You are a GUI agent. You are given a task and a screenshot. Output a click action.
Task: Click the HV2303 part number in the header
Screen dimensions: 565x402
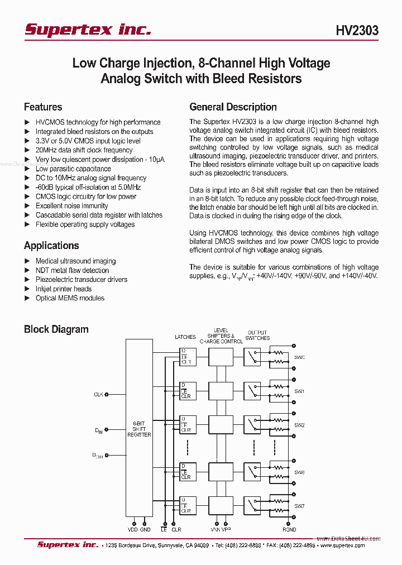point(357,30)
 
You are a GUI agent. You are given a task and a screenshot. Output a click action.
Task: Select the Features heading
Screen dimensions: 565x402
point(43,107)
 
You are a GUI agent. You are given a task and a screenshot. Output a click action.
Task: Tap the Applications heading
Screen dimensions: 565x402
point(51,246)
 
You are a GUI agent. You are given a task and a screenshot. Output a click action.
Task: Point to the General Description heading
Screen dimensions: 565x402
point(233,107)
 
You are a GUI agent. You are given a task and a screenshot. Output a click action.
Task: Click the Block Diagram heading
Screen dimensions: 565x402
point(56,329)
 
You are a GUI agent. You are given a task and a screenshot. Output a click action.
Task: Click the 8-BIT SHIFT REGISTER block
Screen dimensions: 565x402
point(139,429)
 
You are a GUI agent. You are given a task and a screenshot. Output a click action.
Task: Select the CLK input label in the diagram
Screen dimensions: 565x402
point(98,395)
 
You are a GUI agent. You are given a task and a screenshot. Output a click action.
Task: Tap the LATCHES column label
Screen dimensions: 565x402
point(185,337)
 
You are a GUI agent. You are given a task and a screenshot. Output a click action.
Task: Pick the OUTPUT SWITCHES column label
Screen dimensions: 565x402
point(257,335)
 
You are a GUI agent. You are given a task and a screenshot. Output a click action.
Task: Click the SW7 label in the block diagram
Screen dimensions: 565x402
point(299,506)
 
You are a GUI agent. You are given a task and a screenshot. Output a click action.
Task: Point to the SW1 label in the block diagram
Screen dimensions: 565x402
point(299,391)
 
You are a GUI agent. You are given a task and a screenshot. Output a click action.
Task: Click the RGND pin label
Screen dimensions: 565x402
point(289,529)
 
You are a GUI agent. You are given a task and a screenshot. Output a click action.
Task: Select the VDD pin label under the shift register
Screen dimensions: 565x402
point(132,529)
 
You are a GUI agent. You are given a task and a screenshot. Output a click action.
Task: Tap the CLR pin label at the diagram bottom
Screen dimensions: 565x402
point(176,529)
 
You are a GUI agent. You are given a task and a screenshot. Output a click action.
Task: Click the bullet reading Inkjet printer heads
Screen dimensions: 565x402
point(64,289)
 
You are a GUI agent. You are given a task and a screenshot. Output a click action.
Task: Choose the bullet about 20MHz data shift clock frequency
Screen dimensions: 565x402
point(84,150)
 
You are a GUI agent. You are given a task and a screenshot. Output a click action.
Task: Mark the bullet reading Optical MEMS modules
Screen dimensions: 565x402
point(70,298)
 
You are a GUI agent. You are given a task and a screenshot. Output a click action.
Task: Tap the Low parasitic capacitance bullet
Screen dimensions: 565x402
point(73,169)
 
